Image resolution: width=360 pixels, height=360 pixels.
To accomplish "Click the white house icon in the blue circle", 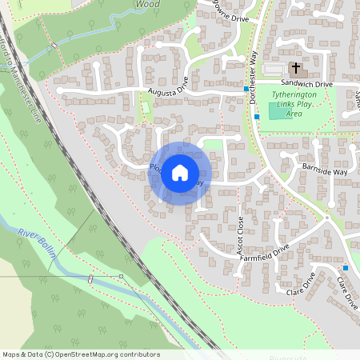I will pos(180,173).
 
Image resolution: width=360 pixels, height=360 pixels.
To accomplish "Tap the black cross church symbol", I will pos(295,69).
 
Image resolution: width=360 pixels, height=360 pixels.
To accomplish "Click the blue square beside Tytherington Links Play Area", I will pos(257,117).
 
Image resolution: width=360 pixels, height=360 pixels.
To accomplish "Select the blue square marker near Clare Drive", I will pos(346,267).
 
